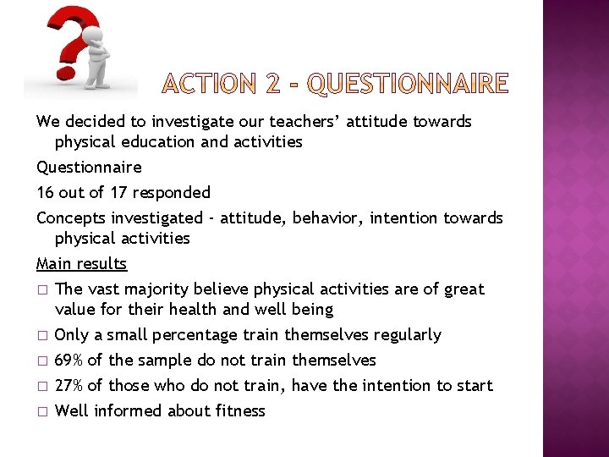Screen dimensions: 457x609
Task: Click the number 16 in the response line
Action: [46, 192]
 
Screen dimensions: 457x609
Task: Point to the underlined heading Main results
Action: [81, 263]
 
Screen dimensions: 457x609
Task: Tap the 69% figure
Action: [69, 360]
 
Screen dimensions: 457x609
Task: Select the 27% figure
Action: [69, 385]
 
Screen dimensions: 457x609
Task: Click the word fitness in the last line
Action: [242, 410]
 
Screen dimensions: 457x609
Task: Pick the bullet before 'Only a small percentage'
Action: [41, 335]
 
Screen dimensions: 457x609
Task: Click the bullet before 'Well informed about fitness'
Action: [41, 411]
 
